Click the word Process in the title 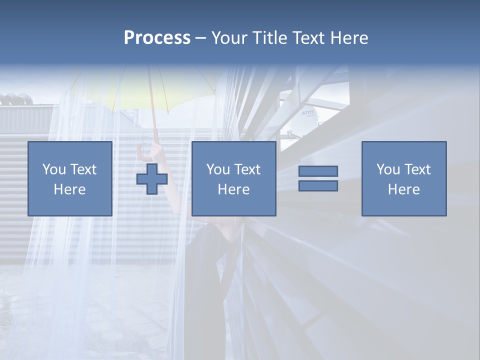(x=157, y=38)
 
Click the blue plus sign (x=152, y=179)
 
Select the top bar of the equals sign (x=318, y=171)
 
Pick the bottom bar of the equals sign (x=318, y=185)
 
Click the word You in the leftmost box (x=53, y=169)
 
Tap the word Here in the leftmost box (x=69, y=189)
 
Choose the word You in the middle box (x=217, y=169)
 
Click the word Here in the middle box (x=233, y=189)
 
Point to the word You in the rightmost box (x=387, y=169)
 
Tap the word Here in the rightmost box (x=403, y=189)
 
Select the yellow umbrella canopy (x=150, y=85)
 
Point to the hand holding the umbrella (x=158, y=149)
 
